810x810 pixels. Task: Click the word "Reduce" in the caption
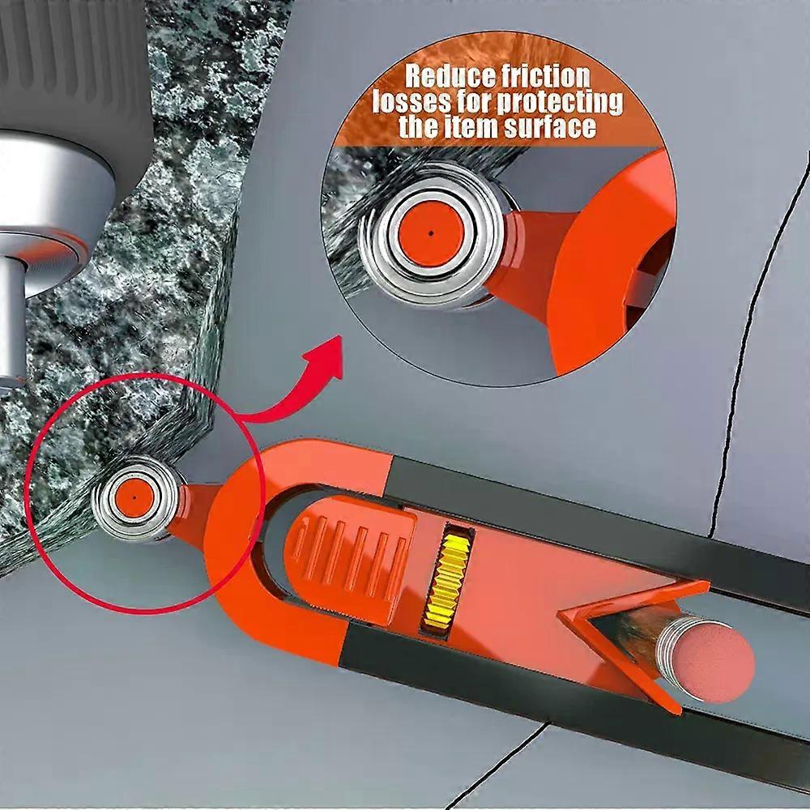tap(446, 76)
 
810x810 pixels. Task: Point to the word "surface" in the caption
tap(550, 126)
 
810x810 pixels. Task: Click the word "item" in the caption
tap(473, 126)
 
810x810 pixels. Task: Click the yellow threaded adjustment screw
tap(446, 581)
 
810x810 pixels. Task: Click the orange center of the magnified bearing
tap(431, 233)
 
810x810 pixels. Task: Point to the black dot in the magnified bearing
tap(431, 233)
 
